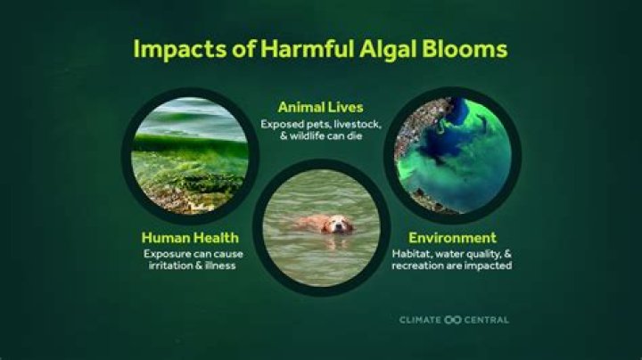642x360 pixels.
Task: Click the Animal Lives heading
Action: coord(320,108)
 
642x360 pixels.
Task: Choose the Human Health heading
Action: coord(190,238)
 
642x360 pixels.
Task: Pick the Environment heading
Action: coord(452,238)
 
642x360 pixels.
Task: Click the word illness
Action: coord(225,266)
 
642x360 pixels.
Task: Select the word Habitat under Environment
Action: coord(412,254)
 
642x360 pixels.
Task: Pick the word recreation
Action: coord(424,266)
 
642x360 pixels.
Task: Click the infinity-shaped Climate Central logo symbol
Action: coord(451,319)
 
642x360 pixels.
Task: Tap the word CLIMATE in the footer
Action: coord(419,319)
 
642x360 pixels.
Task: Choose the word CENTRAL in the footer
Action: coord(486,319)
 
